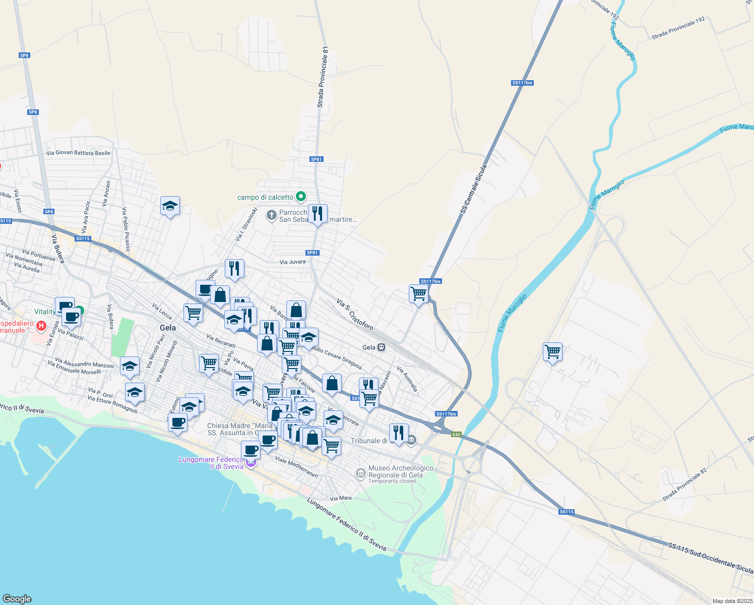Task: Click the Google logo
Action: click(x=17, y=598)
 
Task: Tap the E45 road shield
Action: click(x=456, y=435)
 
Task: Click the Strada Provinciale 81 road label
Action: click(x=323, y=77)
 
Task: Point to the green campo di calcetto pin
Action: click(x=301, y=196)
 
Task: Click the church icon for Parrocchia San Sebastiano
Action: click(x=271, y=216)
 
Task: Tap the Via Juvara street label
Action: click(x=292, y=262)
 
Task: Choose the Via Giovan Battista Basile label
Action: click(x=78, y=153)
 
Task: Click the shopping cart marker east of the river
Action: click(x=552, y=351)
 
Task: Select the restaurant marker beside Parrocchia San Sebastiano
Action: click(x=318, y=214)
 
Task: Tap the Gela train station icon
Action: click(x=382, y=347)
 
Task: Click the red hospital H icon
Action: click(x=41, y=326)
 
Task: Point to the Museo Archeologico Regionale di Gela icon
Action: click(x=360, y=473)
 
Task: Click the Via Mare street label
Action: click(x=341, y=498)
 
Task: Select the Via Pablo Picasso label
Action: click(x=126, y=229)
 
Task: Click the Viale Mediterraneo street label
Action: click(x=296, y=467)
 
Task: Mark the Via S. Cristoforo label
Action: click(x=355, y=315)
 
